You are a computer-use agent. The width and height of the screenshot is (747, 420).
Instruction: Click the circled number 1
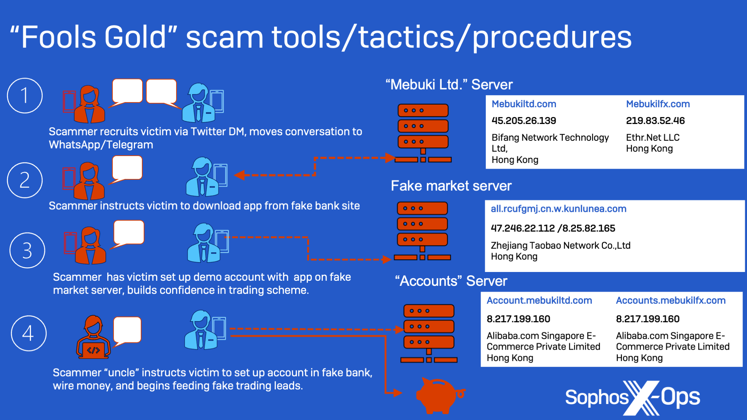[x=25, y=96]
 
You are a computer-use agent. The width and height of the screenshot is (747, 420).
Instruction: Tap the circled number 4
[x=29, y=333]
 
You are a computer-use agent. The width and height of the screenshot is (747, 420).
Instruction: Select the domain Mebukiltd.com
[x=524, y=104]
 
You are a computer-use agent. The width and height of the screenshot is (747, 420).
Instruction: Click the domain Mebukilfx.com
[x=658, y=104]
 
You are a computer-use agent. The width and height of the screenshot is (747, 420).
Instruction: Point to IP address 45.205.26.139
[x=524, y=121]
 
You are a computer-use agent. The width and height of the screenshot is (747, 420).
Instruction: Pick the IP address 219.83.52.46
[x=655, y=121]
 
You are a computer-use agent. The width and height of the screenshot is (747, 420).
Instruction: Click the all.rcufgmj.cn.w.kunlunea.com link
[x=558, y=209]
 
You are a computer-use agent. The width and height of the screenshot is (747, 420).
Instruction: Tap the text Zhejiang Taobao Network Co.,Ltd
[x=561, y=245]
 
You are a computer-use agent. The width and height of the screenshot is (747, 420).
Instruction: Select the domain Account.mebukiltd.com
[x=539, y=300]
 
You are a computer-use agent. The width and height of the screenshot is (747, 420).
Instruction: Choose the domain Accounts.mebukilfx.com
[x=671, y=300]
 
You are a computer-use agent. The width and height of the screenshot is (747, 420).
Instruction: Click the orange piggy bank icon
[x=440, y=396]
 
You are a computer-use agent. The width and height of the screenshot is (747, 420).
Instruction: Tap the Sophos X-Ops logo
[x=632, y=398]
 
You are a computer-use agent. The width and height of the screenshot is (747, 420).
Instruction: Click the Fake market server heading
[x=451, y=186]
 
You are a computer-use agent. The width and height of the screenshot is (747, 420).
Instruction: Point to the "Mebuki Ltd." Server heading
[x=449, y=85]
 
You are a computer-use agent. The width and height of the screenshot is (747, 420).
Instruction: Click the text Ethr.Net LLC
[x=653, y=137]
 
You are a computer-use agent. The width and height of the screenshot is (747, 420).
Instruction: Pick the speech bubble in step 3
[x=128, y=234]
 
